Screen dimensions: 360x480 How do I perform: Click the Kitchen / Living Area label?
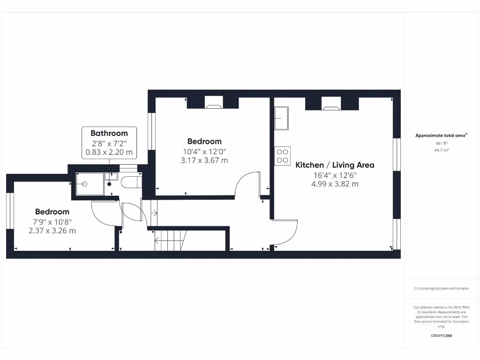(335, 165)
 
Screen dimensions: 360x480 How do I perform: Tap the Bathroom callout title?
(109, 133)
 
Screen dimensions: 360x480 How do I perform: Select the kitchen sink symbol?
(282, 118)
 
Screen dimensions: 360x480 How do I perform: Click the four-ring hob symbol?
(283, 155)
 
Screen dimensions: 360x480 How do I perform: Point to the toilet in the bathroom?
(129, 182)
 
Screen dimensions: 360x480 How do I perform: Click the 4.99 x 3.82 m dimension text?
(335, 184)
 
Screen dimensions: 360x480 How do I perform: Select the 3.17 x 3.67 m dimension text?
(204, 160)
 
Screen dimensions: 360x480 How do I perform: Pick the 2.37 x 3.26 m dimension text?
(52, 231)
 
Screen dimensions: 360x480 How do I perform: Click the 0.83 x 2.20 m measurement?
(109, 152)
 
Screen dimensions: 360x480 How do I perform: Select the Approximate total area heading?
(441, 135)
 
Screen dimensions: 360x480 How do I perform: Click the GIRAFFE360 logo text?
(441, 336)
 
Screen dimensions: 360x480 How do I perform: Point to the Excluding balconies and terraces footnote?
(441, 289)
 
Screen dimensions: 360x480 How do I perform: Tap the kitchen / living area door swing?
(285, 232)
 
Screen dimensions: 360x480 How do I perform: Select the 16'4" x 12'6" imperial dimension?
(335, 175)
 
